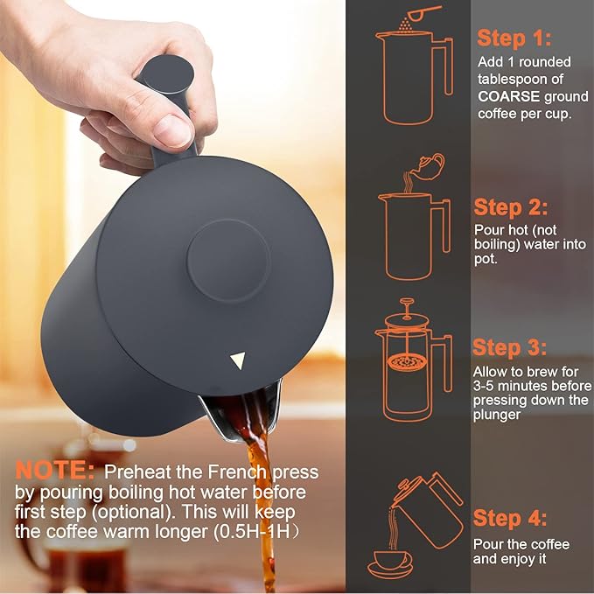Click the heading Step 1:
(514, 38)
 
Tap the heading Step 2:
(511, 207)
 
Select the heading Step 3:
(509, 347)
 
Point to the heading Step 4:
(510, 518)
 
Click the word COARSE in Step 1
(508, 96)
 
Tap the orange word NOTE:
(55, 470)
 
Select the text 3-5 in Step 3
(484, 386)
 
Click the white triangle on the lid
(238, 360)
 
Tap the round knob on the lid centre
(229, 261)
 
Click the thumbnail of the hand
(172, 130)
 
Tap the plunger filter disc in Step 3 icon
(408, 362)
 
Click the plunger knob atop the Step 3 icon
(407, 302)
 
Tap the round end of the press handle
(165, 73)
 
